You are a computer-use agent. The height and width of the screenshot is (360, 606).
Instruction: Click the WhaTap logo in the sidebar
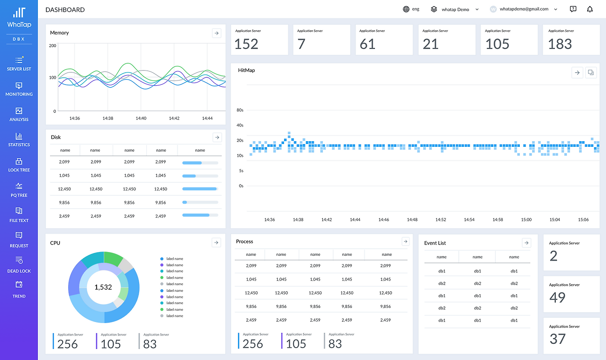(19, 18)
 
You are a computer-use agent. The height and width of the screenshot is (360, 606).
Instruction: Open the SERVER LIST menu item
(19, 63)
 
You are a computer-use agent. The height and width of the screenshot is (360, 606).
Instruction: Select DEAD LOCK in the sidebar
(19, 265)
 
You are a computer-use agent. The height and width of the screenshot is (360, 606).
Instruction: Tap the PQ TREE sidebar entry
(19, 189)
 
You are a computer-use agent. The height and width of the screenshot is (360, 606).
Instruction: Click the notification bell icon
(590, 9)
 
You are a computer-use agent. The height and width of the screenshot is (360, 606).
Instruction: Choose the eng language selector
(411, 9)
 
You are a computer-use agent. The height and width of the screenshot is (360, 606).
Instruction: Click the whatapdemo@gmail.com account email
(524, 9)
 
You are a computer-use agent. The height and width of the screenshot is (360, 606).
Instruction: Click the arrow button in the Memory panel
(216, 33)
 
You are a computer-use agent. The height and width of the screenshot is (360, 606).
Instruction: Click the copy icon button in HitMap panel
(590, 72)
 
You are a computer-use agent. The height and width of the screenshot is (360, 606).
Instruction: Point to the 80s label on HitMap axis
(240, 110)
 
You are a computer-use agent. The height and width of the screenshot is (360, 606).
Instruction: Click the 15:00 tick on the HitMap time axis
(526, 220)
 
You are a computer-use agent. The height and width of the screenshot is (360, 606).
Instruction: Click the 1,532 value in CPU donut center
(103, 287)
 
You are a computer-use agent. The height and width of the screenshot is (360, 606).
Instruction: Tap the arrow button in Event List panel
(526, 243)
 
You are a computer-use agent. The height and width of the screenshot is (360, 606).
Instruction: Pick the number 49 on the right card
(557, 297)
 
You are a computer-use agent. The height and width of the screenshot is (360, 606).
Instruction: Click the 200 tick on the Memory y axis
(53, 46)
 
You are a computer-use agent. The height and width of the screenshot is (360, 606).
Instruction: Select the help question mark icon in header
(573, 9)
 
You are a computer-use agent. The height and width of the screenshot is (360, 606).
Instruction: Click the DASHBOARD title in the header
(65, 9)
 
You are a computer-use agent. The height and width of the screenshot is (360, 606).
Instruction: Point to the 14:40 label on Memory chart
(141, 118)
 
